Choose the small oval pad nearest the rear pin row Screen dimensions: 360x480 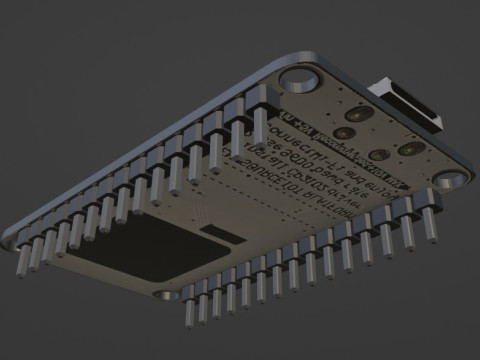(343, 131)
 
